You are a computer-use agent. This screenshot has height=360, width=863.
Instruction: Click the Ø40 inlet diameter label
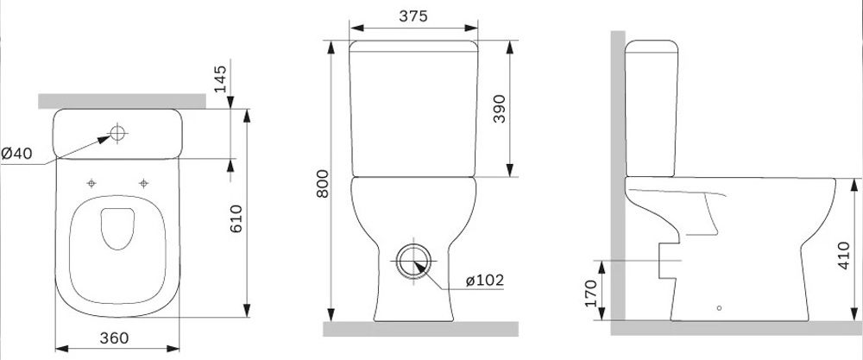(17, 154)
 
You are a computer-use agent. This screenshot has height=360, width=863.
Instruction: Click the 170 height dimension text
(590, 292)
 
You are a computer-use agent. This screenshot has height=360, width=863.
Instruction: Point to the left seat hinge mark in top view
(91, 182)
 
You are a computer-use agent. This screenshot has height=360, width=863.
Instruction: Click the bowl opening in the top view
(119, 229)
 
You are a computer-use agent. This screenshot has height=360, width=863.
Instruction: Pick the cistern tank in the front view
(413, 108)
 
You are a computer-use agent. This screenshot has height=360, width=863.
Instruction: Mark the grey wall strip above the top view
(121, 102)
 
